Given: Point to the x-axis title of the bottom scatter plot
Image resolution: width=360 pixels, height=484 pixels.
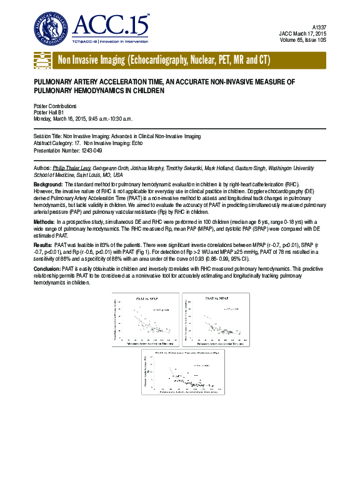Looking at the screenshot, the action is point(186,393).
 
